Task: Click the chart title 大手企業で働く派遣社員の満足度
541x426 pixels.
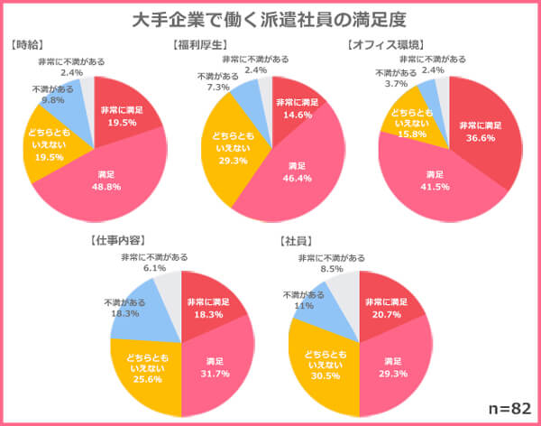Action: pyautogui.click(x=270, y=19)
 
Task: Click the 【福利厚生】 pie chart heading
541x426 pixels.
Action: pyautogui.click(x=199, y=44)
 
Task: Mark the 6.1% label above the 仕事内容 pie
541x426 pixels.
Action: pyautogui.click(x=154, y=268)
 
